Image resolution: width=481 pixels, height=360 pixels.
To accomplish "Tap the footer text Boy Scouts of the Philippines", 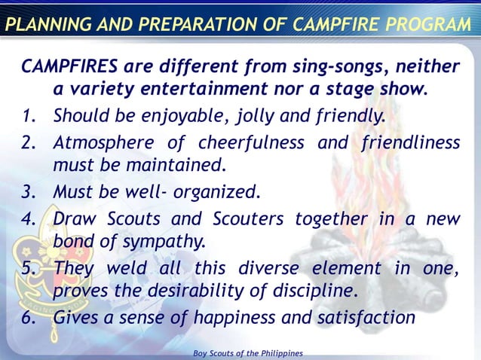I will pyautogui.click(x=248, y=353).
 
